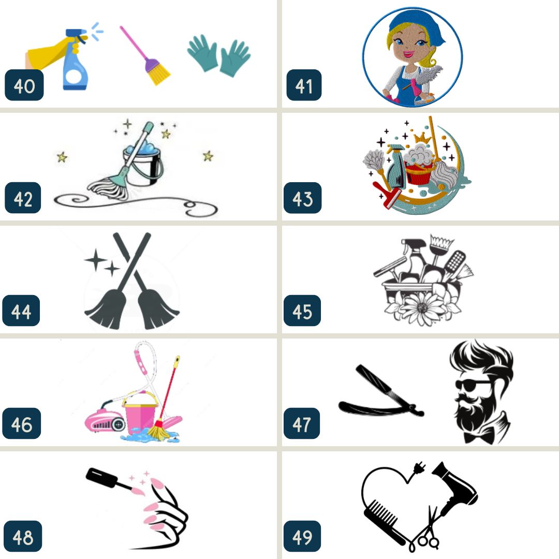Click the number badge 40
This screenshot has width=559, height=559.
click(24, 85)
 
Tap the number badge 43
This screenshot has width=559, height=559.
click(302, 198)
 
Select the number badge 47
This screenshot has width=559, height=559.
click(302, 423)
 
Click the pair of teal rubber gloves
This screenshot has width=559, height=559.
click(219, 55)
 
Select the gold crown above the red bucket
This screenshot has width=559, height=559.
click(422, 137)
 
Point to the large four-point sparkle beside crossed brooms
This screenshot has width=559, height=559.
click(95, 260)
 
